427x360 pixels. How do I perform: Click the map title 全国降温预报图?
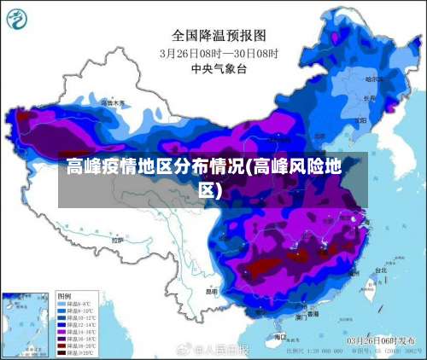click(219, 35)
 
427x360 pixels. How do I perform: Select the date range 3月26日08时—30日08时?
click(219, 52)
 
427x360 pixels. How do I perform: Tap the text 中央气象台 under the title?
click(219, 67)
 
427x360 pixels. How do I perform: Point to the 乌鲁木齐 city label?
click(113, 102)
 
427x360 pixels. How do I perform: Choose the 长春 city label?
click(369, 98)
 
